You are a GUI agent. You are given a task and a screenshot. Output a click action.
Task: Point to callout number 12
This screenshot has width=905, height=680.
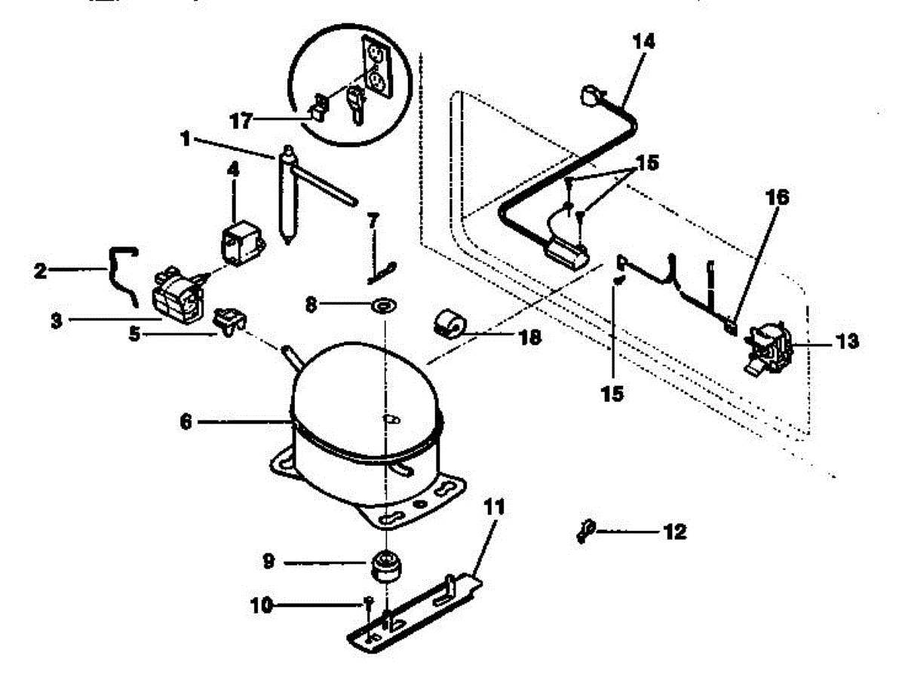pos(675,532)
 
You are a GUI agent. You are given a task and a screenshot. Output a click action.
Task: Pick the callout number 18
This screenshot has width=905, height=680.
pos(529,337)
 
